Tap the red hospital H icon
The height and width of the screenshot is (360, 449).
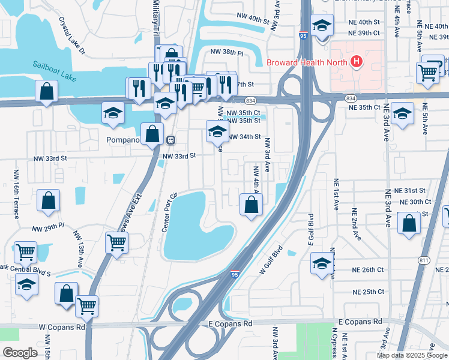tap(357, 61)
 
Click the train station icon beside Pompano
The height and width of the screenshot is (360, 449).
tap(171, 140)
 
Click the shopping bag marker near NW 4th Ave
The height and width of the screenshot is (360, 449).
tap(252, 205)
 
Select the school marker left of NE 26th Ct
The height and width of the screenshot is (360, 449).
tap(322, 262)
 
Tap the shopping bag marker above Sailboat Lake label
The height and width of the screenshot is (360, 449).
tap(46, 92)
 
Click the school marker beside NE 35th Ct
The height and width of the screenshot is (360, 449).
tap(402, 113)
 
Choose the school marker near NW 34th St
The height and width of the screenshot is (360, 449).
tap(217, 131)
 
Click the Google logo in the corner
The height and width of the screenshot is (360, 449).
tap(20, 353)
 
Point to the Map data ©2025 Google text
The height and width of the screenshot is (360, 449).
tap(412, 355)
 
